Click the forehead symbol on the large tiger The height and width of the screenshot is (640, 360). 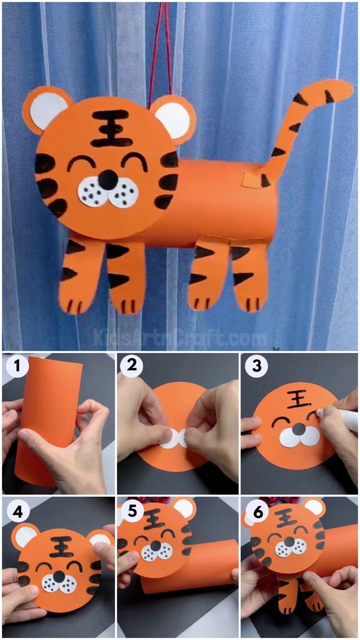pyautogui.click(x=111, y=127)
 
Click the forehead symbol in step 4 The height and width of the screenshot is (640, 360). pyautogui.click(x=61, y=545)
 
